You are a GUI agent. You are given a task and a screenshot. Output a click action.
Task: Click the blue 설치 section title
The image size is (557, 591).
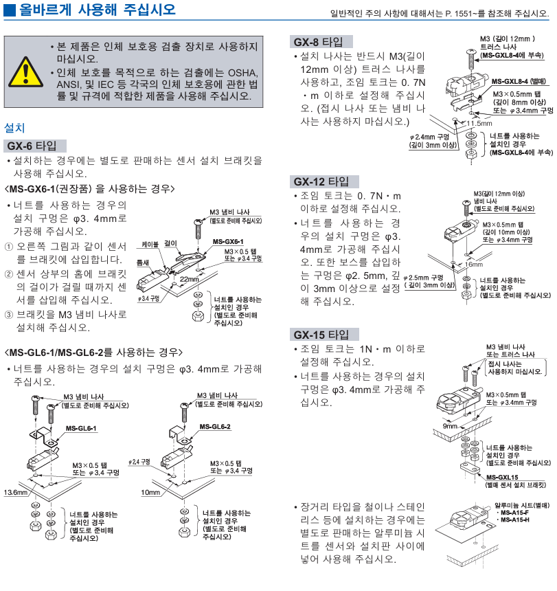(x=14, y=128)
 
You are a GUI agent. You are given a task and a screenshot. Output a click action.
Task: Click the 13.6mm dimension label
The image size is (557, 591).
(x=14, y=493)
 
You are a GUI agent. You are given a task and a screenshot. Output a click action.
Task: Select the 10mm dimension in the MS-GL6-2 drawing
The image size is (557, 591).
(x=150, y=493)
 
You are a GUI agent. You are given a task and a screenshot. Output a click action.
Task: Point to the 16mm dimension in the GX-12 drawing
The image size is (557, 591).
(x=473, y=264)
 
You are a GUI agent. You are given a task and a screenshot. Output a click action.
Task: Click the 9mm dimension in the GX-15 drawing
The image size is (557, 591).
(x=450, y=426)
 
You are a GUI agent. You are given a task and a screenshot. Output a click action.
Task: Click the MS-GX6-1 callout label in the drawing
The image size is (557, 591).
(x=228, y=242)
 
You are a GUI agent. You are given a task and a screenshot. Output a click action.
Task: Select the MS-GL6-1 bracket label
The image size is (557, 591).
(x=81, y=428)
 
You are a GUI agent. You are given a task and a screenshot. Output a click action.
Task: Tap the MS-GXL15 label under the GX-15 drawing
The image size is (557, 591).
(x=501, y=477)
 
